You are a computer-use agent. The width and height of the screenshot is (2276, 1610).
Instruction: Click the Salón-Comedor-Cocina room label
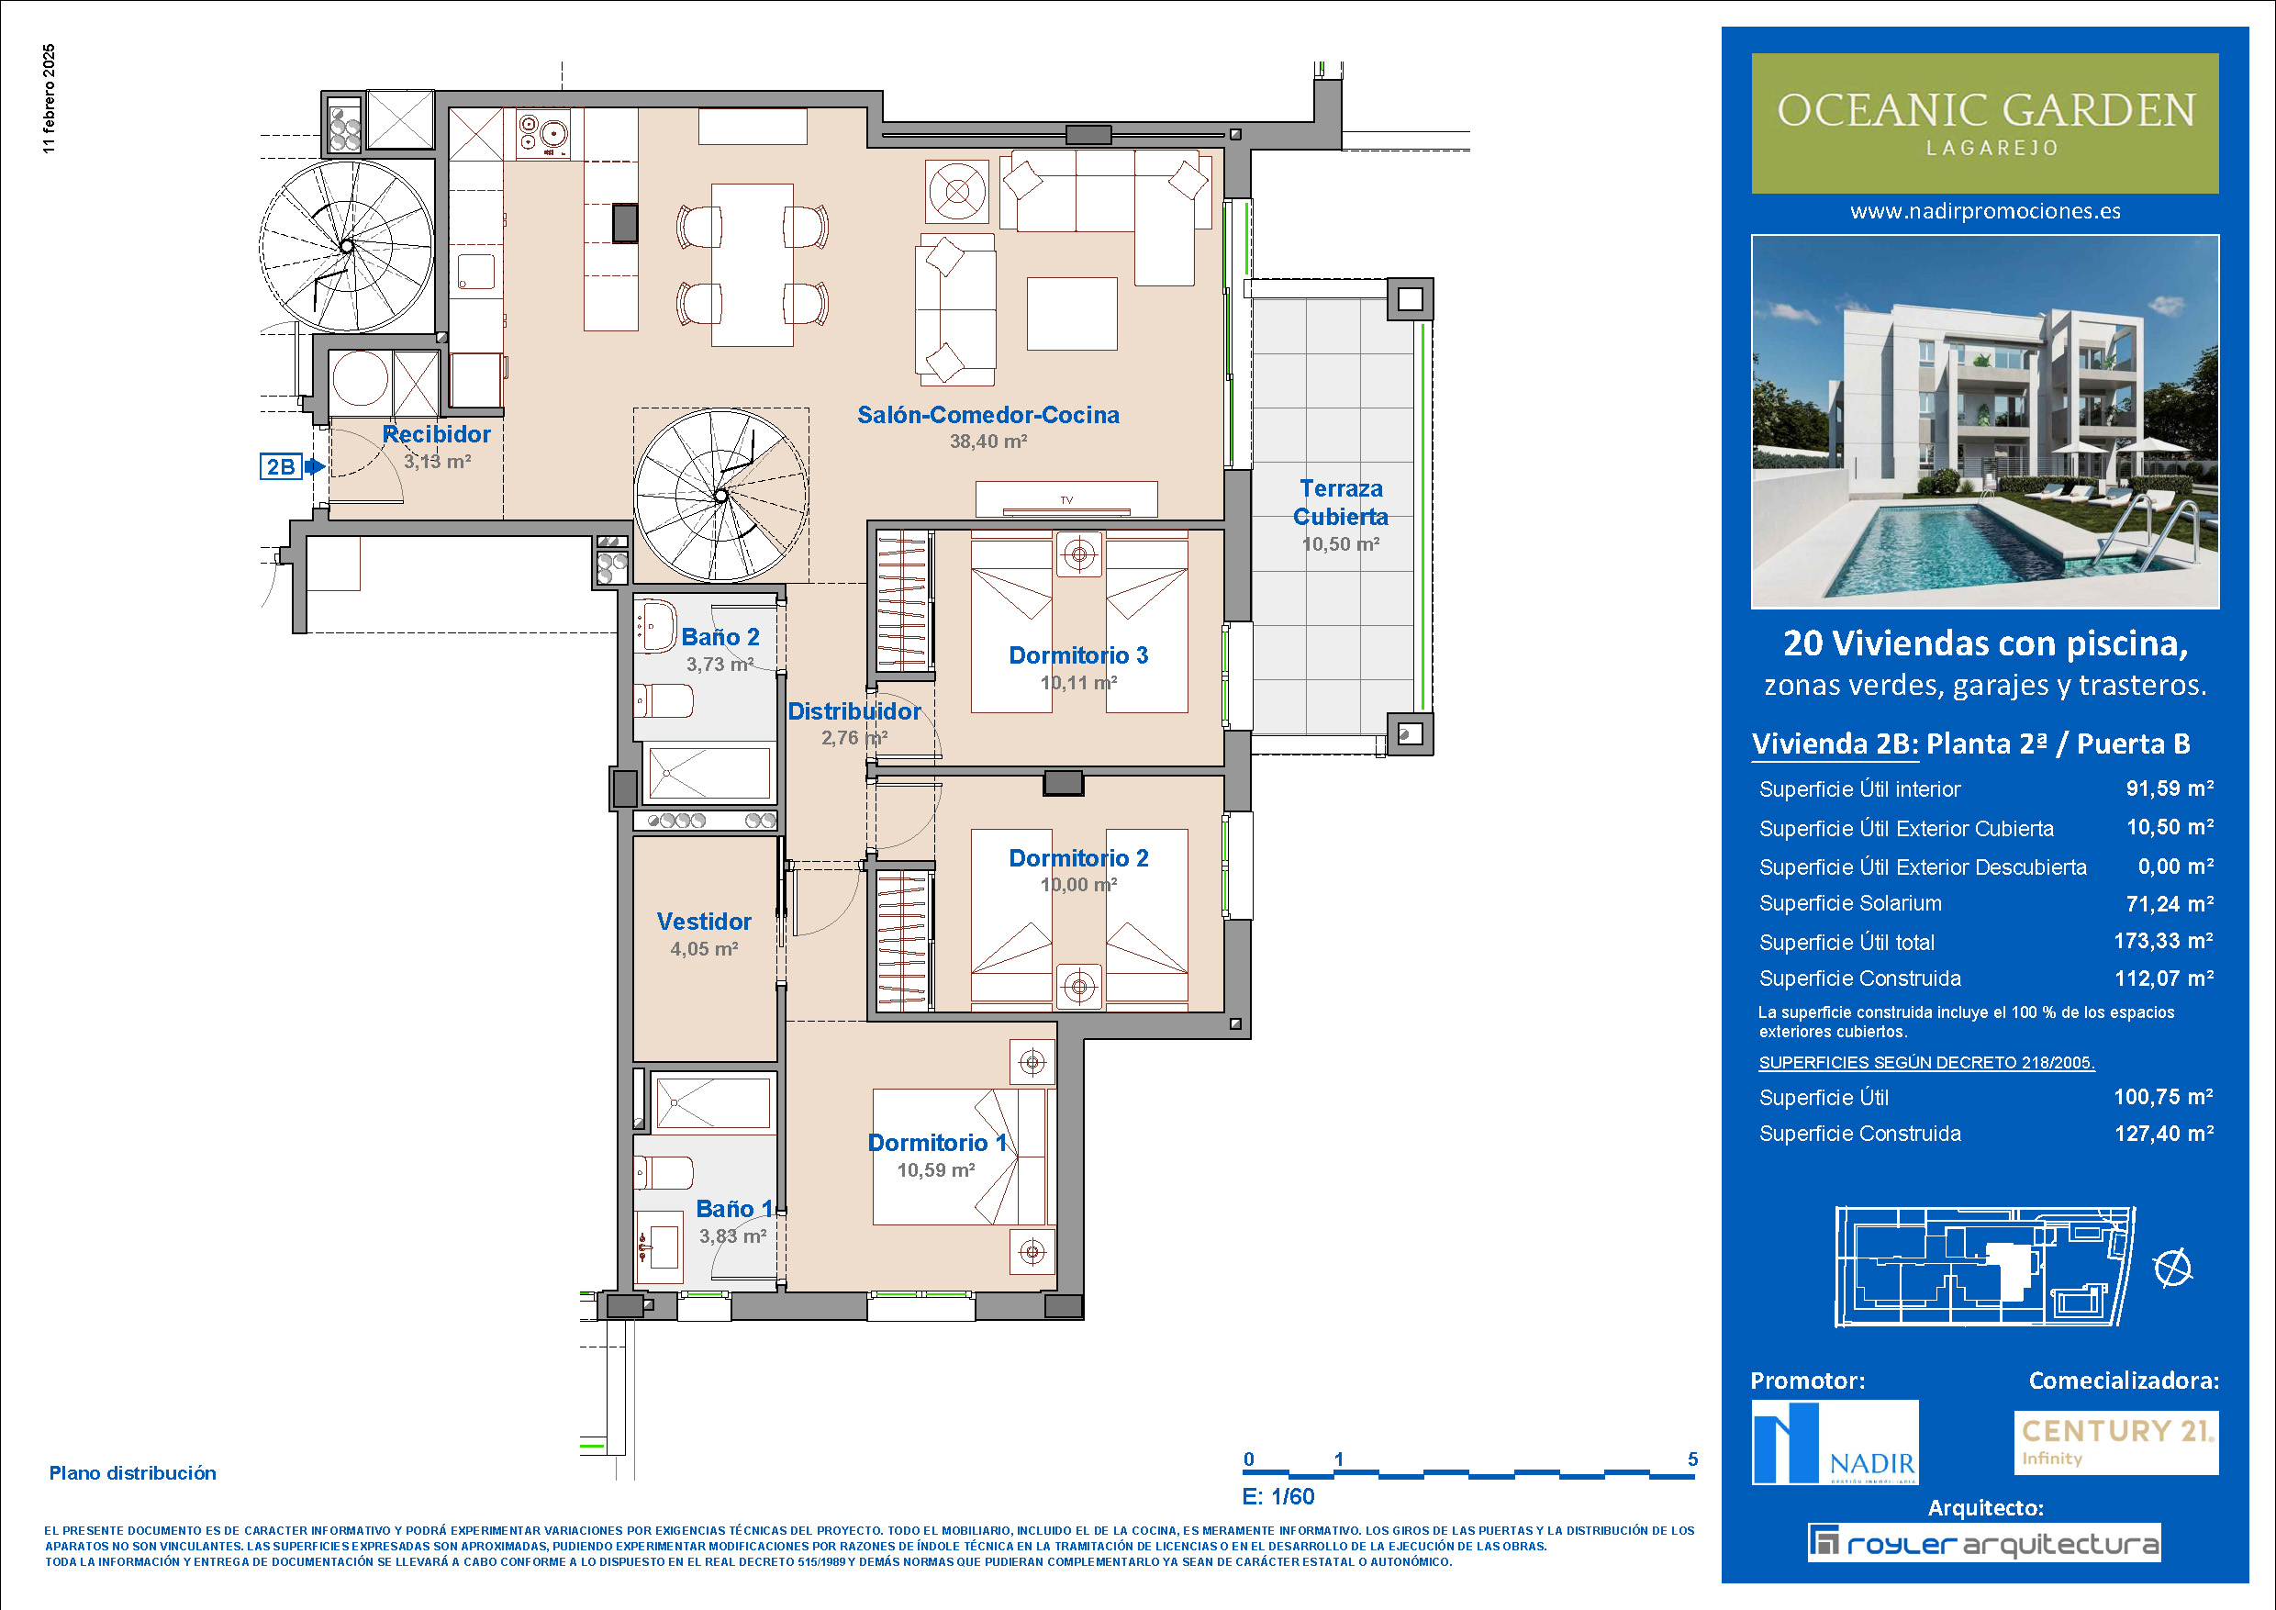pyautogui.click(x=988, y=416)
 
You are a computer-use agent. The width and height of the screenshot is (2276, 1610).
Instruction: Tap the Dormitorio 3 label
pyautogui.click(x=1078, y=655)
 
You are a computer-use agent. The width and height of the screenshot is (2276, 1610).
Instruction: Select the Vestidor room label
pyautogui.click(x=704, y=922)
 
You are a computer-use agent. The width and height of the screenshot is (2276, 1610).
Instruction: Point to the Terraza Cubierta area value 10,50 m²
pyautogui.click(x=1340, y=544)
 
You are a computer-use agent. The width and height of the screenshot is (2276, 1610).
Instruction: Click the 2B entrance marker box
pyautogui.click(x=282, y=466)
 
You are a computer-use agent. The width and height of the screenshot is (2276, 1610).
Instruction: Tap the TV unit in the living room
pyautogui.click(x=1066, y=499)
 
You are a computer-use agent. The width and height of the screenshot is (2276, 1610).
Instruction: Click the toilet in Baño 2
pyautogui.click(x=664, y=701)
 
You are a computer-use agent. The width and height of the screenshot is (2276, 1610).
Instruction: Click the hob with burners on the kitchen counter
pyautogui.click(x=542, y=134)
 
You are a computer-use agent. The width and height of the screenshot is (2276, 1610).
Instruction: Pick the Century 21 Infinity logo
pyautogui.click(x=2115, y=1442)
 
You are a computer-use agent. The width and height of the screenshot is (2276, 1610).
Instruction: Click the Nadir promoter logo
pyautogui.click(x=1835, y=1442)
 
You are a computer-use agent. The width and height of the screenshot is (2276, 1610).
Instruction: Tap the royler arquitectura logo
pyautogui.click(x=1983, y=1544)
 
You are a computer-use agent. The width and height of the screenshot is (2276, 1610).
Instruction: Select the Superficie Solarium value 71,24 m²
pyautogui.click(x=2169, y=904)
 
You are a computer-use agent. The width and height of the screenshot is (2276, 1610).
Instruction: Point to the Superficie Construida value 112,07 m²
pyautogui.click(x=2164, y=978)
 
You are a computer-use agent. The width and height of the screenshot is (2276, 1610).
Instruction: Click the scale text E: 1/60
pyautogui.click(x=1278, y=1497)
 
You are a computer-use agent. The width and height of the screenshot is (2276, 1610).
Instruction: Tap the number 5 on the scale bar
pyautogui.click(x=1693, y=1459)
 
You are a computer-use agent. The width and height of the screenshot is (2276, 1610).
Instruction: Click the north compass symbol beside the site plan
pyautogui.click(x=2173, y=1268)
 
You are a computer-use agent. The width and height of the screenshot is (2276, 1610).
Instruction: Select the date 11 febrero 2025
pyautogui.click(x=50, y=98)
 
